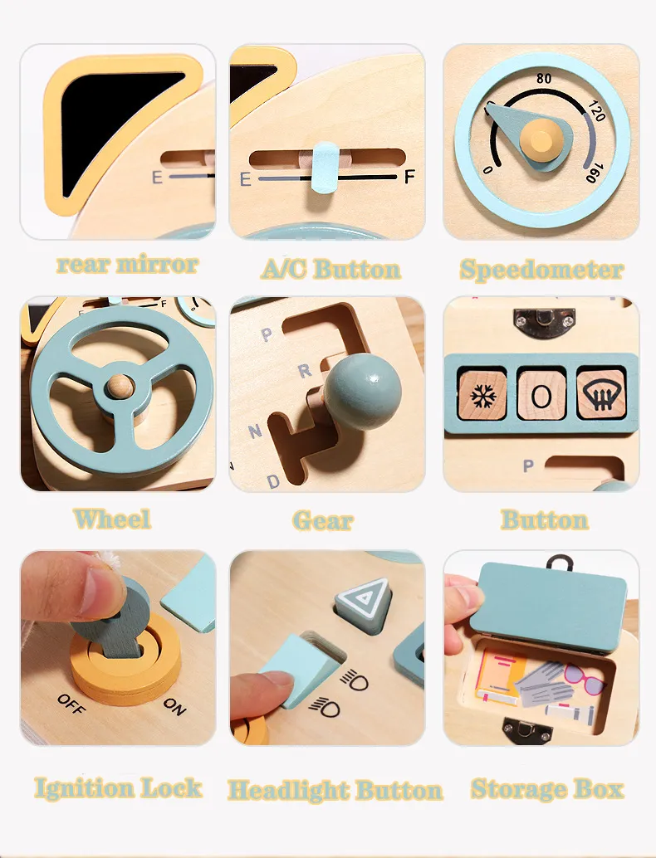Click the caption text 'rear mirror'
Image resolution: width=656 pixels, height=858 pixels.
127,265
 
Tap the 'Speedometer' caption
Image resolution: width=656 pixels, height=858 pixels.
541,270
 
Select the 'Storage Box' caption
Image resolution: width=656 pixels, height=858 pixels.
546,788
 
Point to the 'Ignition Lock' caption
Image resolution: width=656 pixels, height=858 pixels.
118,787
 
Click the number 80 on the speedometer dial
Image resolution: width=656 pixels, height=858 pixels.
545,79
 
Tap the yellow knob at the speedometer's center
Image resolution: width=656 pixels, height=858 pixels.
542,136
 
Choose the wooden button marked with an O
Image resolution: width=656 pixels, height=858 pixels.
541,395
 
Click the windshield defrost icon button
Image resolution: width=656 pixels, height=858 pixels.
600,393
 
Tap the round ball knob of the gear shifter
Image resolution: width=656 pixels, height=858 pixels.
362,392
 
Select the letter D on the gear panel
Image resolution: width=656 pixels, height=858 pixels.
273,480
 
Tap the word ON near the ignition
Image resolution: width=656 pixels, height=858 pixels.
174,706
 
